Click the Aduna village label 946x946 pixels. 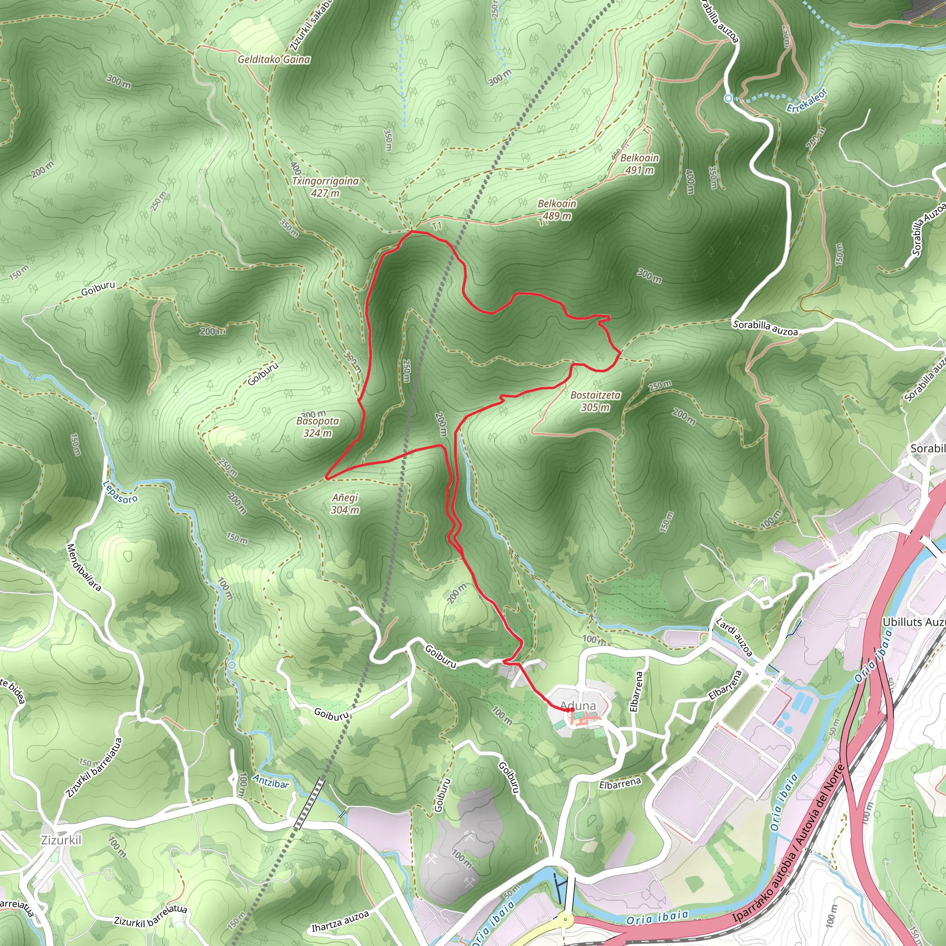click(578, 706)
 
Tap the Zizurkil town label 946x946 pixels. click(61, 840)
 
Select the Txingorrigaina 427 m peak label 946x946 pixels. click(325, 187)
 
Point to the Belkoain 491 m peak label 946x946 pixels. click(639, 164)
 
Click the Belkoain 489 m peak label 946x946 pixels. click(557, 210)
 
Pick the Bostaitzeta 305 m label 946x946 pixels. click(595, 401)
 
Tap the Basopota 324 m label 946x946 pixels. click(318, 426)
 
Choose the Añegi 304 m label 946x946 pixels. click(345, 503)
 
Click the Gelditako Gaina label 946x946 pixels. click(274, 59)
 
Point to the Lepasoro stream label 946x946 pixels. click(121, 491)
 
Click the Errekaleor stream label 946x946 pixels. click(807, 100)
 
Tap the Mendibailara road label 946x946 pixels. click(84, 567)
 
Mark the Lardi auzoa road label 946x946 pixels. click(734, 637)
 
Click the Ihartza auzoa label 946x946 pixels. click(340, 921)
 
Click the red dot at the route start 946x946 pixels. click(571, 709)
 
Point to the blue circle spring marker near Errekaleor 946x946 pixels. click(728, 98)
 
